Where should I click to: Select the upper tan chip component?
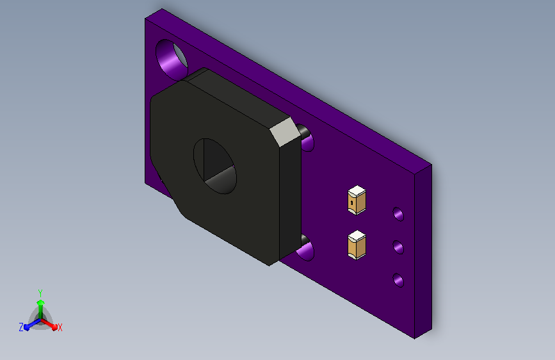(357, 200)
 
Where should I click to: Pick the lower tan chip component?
(357, 245)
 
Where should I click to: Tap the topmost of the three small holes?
(398, 214)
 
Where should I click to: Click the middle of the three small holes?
(398, 247)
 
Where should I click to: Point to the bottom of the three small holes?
(398, 280)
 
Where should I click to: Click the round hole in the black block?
(215, 166)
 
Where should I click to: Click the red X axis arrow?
(49, 324)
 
